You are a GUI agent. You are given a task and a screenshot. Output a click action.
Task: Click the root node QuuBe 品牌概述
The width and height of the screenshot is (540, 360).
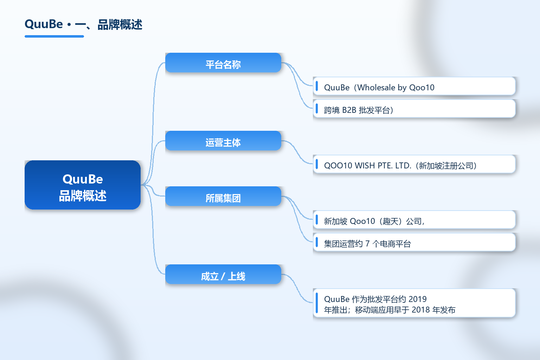tap(83, 185)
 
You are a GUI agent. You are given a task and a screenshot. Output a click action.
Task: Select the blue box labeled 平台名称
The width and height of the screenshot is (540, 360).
tap(223, 63)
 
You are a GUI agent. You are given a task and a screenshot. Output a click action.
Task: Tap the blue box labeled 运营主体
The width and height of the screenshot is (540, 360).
tap(223, 141)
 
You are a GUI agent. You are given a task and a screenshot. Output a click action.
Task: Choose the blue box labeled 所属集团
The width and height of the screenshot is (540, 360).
tap(223, 196)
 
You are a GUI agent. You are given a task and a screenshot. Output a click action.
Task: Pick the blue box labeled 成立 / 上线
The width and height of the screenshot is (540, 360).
tap(223, 274)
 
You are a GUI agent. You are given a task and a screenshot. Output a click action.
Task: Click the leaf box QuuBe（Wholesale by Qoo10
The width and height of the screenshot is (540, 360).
tap(414, 86)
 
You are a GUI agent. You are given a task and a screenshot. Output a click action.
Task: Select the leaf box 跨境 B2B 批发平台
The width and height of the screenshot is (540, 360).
tap(414, 109)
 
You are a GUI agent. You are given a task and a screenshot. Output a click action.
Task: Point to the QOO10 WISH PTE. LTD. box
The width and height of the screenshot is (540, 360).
tap(414, 164)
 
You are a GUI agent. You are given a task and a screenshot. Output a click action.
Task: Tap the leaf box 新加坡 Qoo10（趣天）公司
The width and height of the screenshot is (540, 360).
tap(414, 220)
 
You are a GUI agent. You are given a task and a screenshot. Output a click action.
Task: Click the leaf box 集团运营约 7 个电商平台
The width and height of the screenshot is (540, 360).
tap(414, 242)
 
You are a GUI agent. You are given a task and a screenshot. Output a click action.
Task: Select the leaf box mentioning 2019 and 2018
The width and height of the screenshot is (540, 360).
tap(414, 303)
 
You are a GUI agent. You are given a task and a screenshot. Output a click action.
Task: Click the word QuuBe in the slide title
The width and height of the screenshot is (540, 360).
tap(44, 24)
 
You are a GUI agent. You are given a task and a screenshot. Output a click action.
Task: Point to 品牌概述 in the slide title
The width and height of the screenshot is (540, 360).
tap(120, 25)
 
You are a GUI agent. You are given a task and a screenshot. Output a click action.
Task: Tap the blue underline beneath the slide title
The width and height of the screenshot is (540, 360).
tap(54, 37)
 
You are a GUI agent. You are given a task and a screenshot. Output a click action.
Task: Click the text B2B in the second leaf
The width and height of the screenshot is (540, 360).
tap(349, 110)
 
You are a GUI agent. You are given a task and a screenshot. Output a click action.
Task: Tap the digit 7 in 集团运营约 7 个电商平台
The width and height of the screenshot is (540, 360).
tap(367, 244)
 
